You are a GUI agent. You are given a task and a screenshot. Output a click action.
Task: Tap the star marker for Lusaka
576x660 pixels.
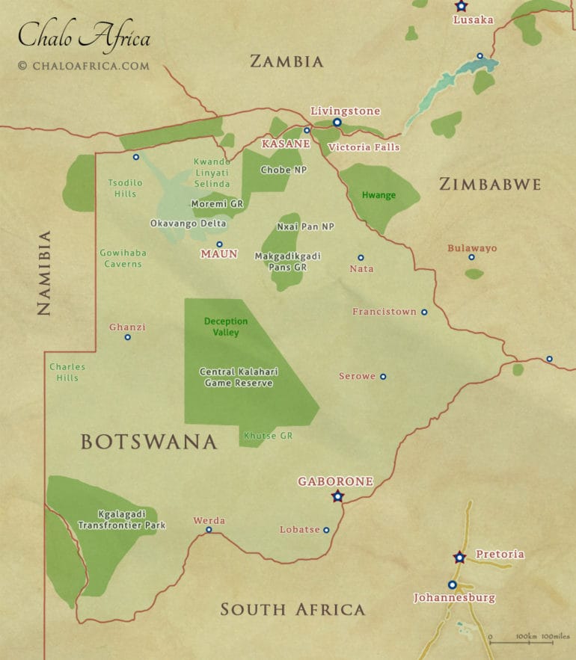[x=461, y=6]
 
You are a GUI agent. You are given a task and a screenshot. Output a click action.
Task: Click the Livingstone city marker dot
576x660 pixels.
[x=337, y=123]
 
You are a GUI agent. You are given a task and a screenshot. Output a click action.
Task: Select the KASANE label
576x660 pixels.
[x=286, y=142]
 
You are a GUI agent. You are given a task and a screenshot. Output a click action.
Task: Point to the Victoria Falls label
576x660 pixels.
[x=364, y=147]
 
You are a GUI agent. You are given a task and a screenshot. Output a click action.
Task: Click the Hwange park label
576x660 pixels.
[x=379, y=195]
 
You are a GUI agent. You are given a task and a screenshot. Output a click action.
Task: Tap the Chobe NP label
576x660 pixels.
[x=284, y=170]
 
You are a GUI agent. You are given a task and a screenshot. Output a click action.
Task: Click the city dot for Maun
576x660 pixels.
[x=219, y=244]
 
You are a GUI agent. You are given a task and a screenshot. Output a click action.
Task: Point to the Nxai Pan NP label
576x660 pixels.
[x=305, y=226]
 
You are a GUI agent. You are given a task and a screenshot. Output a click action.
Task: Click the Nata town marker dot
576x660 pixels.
[x=361, y=257]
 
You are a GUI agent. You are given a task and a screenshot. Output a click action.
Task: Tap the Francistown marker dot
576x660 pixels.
[x=424, y=312]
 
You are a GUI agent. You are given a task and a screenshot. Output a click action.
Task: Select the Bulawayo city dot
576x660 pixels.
[x=471, y=257]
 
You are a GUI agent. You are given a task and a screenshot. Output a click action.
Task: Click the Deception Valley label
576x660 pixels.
[x=226, y=327]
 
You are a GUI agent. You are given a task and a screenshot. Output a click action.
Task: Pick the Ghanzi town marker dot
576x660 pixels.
[x=127, y=337]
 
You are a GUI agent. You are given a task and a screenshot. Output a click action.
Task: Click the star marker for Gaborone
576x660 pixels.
[x=337, y=496]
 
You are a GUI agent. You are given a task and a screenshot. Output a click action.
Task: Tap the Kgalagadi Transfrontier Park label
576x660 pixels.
[x=122, y=519]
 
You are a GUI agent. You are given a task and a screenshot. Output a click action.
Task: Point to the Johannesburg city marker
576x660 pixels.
[x=452, y=585]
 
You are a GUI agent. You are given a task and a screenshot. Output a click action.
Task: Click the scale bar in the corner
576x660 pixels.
[x=527, y=639]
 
